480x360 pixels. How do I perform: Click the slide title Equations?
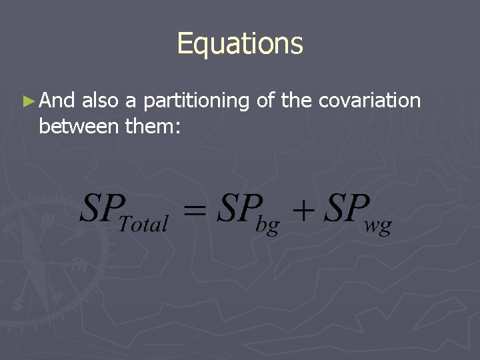point(240,44)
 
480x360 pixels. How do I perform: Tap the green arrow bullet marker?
point(27,101)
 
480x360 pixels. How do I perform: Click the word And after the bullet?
point(57,101)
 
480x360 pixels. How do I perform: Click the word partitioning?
point(196,101)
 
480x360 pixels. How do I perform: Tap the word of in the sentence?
point(265,101)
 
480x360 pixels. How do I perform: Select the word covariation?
point(370,101)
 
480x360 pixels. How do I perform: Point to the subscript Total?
point(143,223)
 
